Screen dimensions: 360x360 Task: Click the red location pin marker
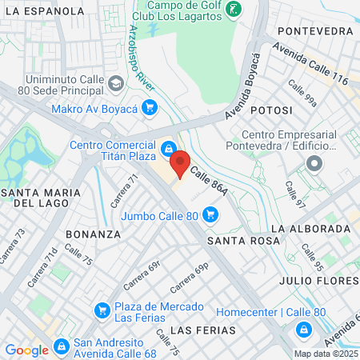click(x=180, y=163)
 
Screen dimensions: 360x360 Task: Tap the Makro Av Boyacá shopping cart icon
click(x=149, y=107)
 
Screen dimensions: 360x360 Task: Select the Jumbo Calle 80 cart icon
click(x=210, y=214)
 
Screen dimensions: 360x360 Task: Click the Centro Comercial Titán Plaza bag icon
click(x=169, y=149)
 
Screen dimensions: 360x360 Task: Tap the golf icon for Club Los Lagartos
click(x=233, y=10)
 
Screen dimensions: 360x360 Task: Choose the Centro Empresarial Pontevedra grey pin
click(x=314, y=163)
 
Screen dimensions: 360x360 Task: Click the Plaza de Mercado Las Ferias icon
click(x=102, y=310)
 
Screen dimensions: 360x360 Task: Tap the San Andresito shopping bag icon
click(x=62, y=346)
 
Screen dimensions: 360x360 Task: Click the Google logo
click(x=26, y=350)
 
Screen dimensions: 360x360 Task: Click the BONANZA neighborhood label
click(x=94, y=234)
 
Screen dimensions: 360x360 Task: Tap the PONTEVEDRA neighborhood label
click(x=314, y=30)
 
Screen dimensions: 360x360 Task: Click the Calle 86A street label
click(x=209, y=170)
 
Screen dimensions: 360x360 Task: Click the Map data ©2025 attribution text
click(x=325, y=353)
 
